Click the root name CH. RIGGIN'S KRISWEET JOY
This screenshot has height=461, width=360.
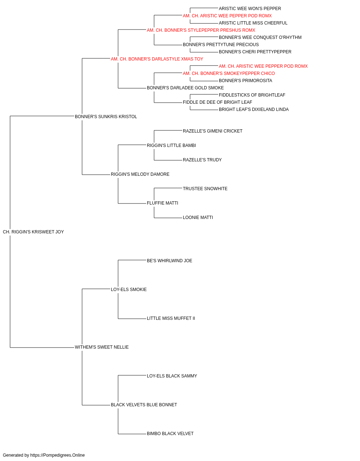33,232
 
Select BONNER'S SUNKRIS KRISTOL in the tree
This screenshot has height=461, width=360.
106,117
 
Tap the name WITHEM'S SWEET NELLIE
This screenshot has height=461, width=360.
102,347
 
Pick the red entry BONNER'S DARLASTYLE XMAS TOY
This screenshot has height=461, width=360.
157,59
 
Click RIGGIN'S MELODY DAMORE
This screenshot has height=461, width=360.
140,174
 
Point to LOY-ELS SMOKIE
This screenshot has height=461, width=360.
129,290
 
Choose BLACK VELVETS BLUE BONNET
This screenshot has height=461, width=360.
144,405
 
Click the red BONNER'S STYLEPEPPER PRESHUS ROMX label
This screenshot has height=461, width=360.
201,30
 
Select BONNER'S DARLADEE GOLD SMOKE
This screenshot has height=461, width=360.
185,88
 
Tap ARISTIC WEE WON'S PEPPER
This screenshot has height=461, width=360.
250,9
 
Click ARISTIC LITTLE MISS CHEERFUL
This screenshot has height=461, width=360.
253,23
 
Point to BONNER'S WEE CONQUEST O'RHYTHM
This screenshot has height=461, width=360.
260,37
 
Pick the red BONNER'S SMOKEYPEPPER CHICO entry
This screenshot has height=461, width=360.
229,73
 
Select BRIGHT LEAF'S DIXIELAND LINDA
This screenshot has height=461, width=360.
254,109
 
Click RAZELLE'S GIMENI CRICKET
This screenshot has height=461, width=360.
213,131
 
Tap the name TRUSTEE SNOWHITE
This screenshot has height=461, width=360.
205,189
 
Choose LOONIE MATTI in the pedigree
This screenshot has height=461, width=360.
198,218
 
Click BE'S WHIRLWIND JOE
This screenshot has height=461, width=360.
170,261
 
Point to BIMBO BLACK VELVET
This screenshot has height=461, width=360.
170,434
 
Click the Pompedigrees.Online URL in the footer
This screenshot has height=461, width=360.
58,455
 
